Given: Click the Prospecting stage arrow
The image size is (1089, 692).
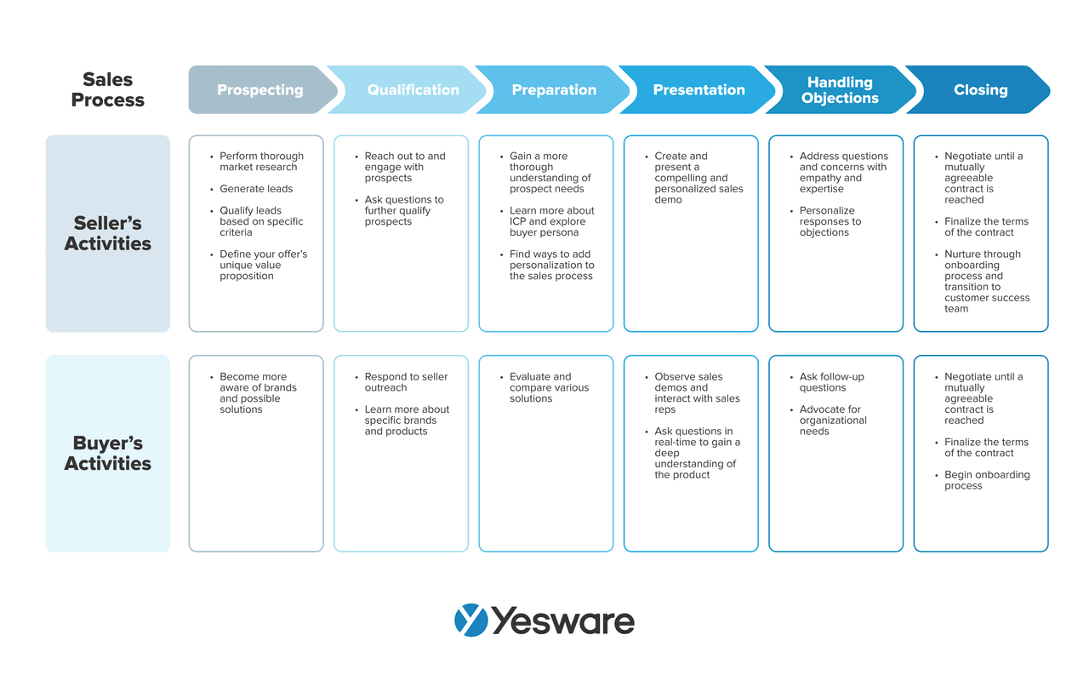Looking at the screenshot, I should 259,89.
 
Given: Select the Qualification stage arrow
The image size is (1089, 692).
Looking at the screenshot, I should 413,89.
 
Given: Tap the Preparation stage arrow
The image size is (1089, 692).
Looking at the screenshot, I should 554,89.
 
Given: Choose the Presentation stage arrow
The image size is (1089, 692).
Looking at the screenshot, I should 698,89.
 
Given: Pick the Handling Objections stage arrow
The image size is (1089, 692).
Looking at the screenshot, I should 840,89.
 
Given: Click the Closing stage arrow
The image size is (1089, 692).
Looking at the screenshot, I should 980,89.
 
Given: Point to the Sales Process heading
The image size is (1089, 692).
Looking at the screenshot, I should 108,89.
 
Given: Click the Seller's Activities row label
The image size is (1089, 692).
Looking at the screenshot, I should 108,233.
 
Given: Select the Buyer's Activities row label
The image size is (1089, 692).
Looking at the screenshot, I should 108,453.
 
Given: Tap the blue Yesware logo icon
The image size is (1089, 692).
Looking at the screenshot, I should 471,621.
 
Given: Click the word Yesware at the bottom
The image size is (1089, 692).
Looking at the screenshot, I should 562,621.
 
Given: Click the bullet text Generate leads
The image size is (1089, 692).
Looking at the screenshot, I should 256,189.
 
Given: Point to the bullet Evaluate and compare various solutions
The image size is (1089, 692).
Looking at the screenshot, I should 549,387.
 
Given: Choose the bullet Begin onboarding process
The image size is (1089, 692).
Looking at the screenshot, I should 986,480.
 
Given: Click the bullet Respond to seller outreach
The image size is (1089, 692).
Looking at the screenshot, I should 406,382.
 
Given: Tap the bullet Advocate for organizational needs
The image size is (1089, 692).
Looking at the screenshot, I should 832,420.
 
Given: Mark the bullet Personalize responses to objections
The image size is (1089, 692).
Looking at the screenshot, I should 830,221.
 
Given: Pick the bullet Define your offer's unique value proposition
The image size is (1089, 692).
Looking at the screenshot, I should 263,265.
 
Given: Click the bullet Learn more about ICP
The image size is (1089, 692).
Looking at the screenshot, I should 551,221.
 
